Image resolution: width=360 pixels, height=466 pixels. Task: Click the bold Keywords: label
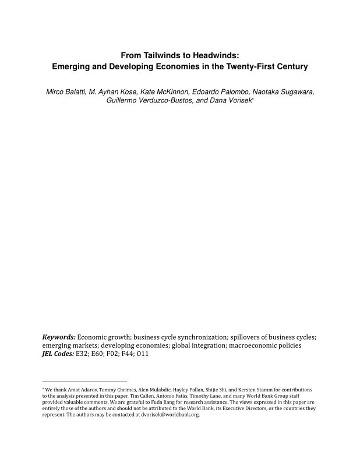point(59,337)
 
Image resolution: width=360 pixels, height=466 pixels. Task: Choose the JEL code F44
point(127,354)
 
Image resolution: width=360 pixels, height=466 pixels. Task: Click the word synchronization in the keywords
point(199,337)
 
